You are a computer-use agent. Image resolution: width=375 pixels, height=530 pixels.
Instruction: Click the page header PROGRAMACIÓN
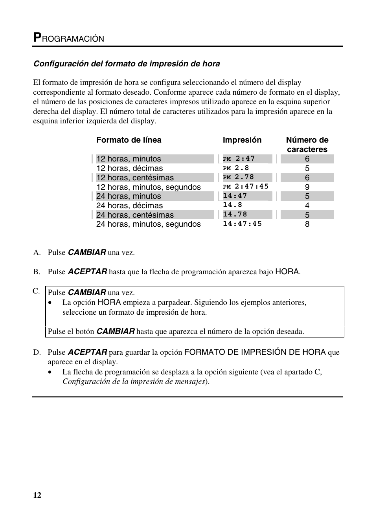point(69,38)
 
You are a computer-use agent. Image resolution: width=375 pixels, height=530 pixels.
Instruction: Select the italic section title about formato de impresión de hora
point(127,64)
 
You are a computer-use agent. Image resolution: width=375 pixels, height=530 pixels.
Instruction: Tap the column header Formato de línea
point(129,140)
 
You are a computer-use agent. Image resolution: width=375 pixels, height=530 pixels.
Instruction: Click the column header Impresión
point(242,140)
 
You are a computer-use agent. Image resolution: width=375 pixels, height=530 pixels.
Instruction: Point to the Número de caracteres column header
point(307,145)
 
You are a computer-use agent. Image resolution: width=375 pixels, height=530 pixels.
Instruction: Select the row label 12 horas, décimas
point(129,168)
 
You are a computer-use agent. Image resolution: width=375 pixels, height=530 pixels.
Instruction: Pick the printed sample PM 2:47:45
point(245,187)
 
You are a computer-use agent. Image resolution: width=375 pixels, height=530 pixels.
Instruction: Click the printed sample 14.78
point(235,215)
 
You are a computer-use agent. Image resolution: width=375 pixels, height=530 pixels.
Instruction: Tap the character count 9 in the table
point(307,187)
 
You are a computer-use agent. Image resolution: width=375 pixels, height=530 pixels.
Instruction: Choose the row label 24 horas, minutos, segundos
point(148,224)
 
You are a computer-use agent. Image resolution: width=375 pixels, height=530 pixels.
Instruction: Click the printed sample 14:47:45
point(242,224)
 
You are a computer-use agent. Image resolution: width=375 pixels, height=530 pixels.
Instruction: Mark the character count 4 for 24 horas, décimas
point(307,205)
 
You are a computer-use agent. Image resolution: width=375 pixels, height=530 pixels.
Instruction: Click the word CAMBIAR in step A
point(87,253)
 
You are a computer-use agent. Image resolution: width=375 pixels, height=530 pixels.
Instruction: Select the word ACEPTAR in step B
point(87,271)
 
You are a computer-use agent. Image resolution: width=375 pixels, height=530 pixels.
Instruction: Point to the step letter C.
point(36,291)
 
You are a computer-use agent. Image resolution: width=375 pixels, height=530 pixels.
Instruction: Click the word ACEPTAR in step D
point(87,352)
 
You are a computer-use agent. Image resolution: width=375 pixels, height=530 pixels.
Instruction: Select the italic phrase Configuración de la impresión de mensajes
point(134,381)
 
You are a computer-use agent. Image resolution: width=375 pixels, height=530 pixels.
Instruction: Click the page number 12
point(37,495)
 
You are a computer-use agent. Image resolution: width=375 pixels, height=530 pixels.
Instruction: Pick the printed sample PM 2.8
point(236,168)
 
